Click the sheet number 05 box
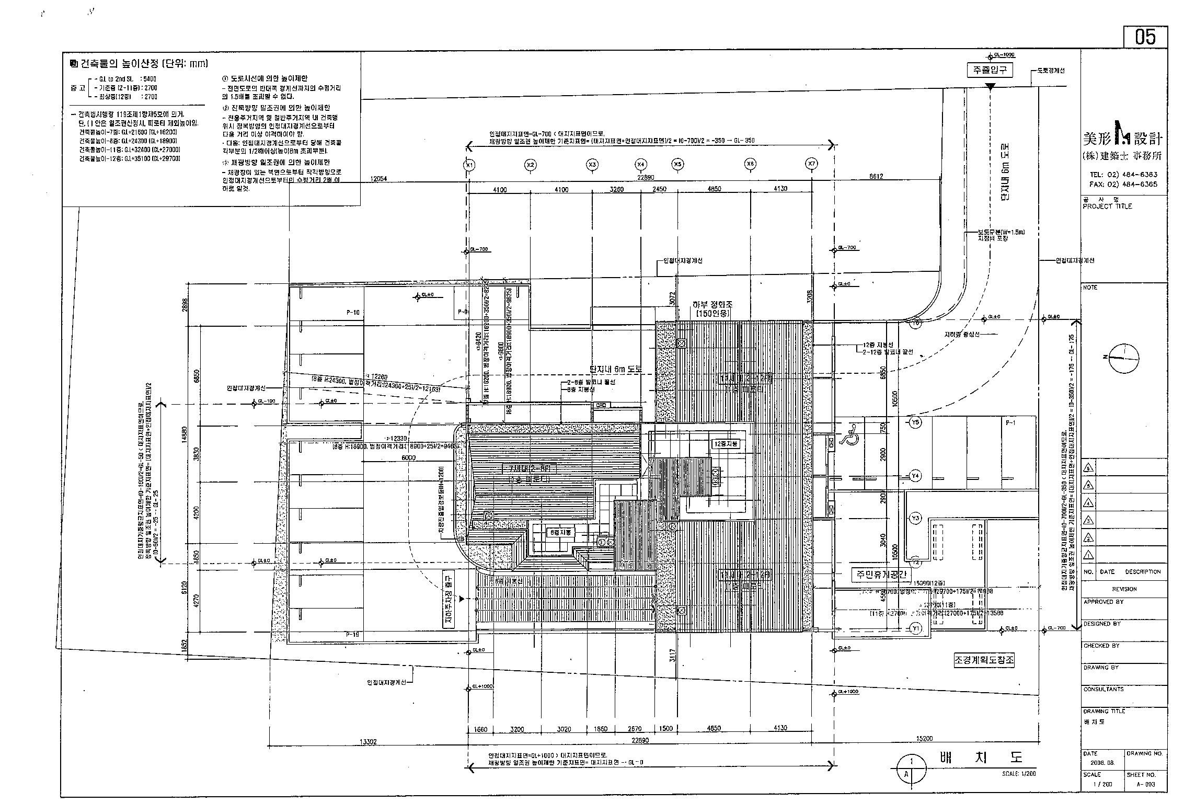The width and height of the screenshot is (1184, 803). [1145, 37]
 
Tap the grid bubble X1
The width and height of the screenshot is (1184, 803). [469, 165]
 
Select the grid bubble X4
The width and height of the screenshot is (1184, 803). [641, 165]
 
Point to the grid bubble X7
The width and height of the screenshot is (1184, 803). [811, 164]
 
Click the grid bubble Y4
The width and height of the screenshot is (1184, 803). [915, 476]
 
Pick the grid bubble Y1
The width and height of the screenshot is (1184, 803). [915, 628]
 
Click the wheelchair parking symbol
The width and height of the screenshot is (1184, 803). [850, 434]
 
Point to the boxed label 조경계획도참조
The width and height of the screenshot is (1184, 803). [984, 660]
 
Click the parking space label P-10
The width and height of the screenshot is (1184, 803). [353, 313]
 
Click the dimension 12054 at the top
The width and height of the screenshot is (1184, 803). [378, 178]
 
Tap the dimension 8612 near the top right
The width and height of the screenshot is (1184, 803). [876, 177]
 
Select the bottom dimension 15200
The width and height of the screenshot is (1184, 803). [924, 739]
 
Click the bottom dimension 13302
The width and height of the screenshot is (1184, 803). [369, 742]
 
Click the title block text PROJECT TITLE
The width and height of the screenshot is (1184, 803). [1107, 206]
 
